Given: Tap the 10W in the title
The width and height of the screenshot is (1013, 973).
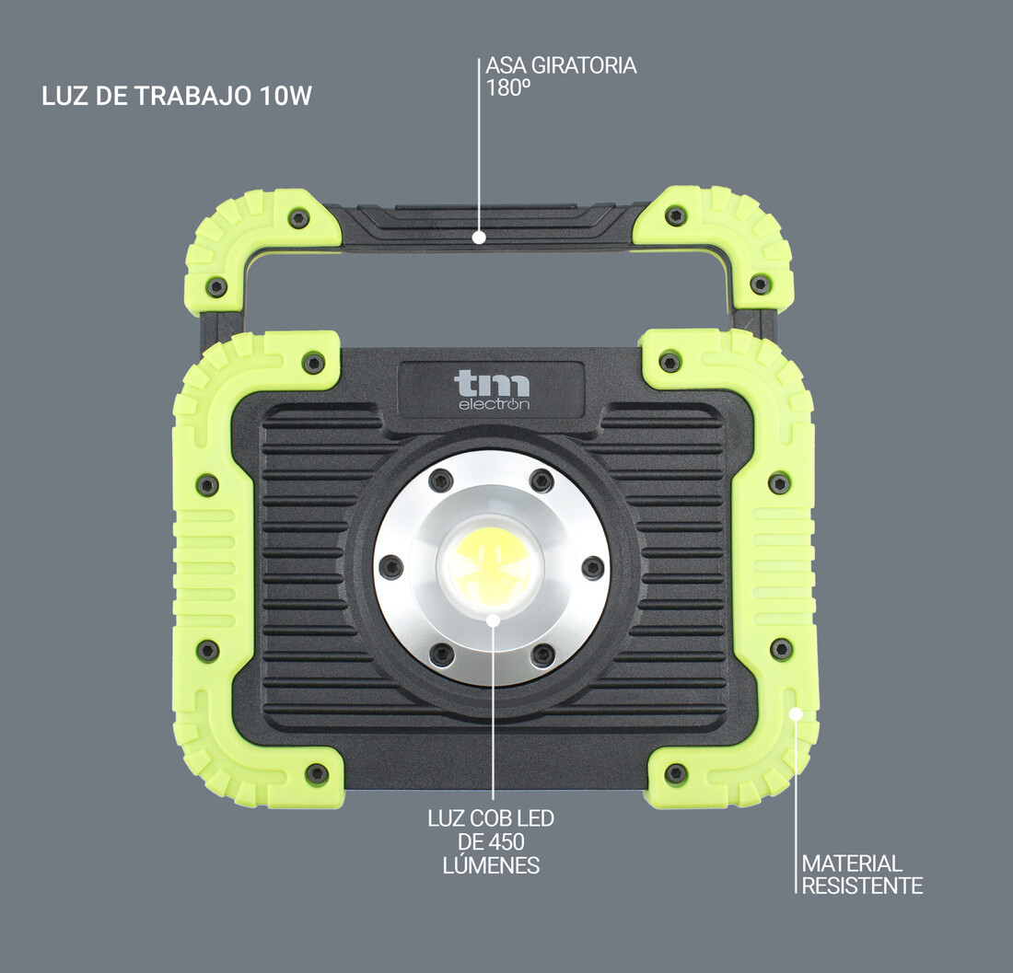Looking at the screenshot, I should click(285, 97).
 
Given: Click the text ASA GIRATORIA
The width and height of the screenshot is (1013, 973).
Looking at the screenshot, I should click(561, 66).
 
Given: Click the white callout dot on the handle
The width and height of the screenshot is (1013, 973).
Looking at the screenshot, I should click(478, 237).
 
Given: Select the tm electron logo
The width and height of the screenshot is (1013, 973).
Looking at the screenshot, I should click(492, 390).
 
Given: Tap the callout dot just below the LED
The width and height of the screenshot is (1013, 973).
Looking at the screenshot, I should click(493, 620).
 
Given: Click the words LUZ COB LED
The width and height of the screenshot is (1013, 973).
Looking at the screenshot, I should click(491, 818).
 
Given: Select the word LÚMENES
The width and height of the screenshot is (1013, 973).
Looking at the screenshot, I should click(491, 865).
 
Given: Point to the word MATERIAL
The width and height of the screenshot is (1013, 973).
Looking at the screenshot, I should click(852, 863).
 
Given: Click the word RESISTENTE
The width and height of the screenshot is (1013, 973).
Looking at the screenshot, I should click(862, 886).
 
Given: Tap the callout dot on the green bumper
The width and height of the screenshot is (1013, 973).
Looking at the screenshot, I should click(797, 712).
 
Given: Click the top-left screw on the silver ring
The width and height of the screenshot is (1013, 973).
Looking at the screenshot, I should click(441, 480).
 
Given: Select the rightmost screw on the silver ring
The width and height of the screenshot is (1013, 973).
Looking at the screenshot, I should click(593, 567).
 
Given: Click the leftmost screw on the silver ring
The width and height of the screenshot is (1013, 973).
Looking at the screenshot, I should click(390, 567).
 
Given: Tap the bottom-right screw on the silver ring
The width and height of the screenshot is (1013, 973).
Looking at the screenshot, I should click(542, 654).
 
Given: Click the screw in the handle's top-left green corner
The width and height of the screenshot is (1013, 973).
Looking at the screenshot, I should click(298, 218).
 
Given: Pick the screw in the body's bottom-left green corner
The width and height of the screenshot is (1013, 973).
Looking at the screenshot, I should click(317, 773).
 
